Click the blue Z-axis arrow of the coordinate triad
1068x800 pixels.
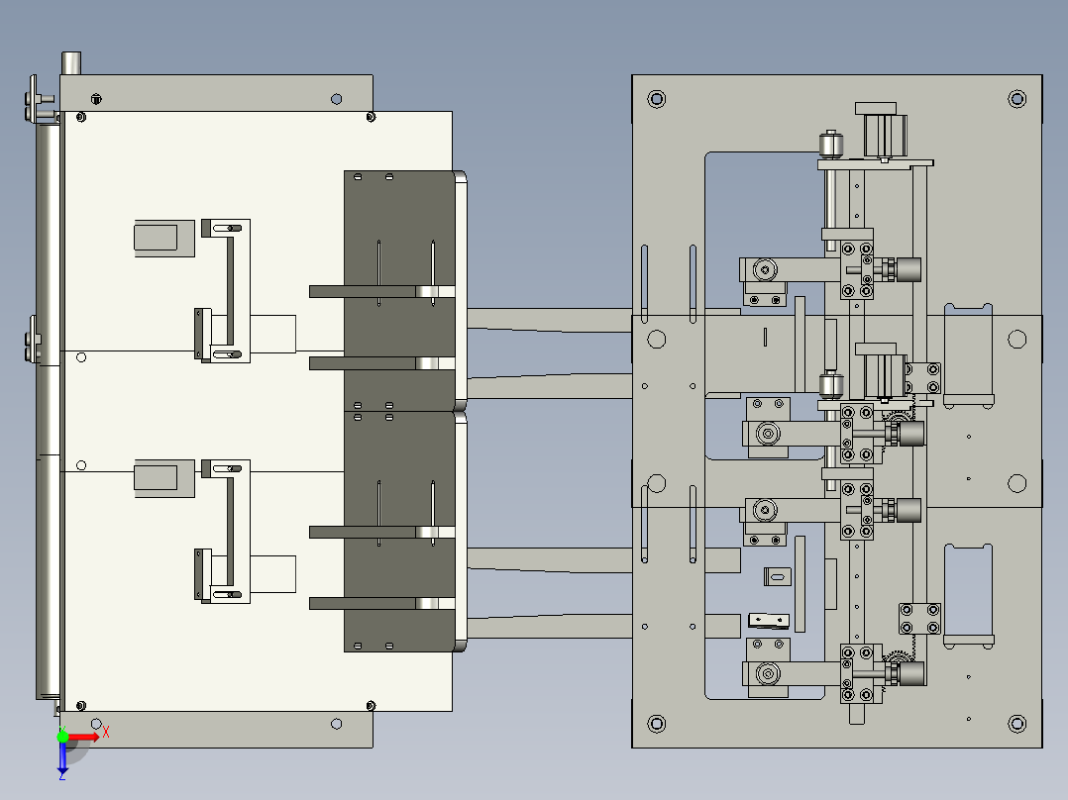62,758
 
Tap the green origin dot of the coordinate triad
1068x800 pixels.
62,737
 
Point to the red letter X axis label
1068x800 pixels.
105,732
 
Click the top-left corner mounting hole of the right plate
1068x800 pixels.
655,98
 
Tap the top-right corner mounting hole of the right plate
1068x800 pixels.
1016,98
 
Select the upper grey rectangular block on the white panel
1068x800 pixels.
157,237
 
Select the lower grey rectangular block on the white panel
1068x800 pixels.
156,476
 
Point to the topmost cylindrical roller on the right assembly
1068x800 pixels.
829,144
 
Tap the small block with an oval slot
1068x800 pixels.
779,575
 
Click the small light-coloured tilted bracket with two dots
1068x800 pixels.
770,621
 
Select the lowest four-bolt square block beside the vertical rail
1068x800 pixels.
918,619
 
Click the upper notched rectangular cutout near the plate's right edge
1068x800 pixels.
968,354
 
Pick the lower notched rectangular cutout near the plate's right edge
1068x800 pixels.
968,594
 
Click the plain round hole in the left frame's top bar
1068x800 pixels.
337,99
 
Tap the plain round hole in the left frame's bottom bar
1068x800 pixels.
337,724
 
